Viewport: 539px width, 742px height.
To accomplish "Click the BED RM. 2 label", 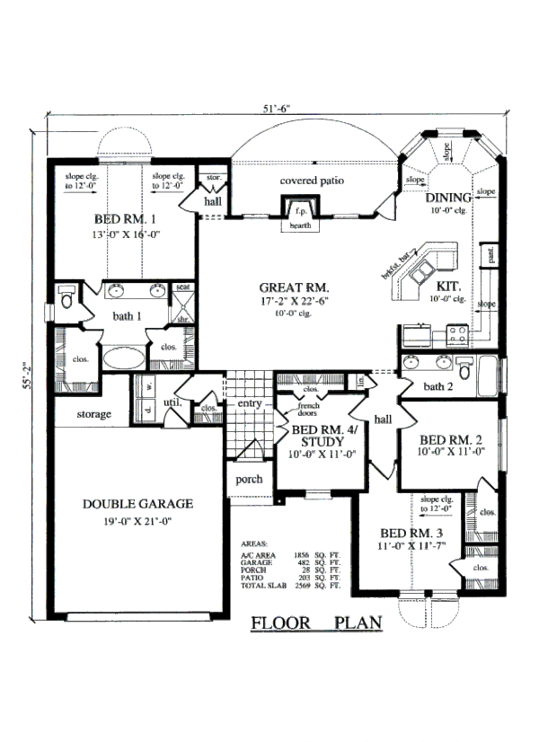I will pyautogui.click(x=452, y=439).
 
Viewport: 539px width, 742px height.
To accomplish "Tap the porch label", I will pyautogui.click(x=249, y=479).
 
